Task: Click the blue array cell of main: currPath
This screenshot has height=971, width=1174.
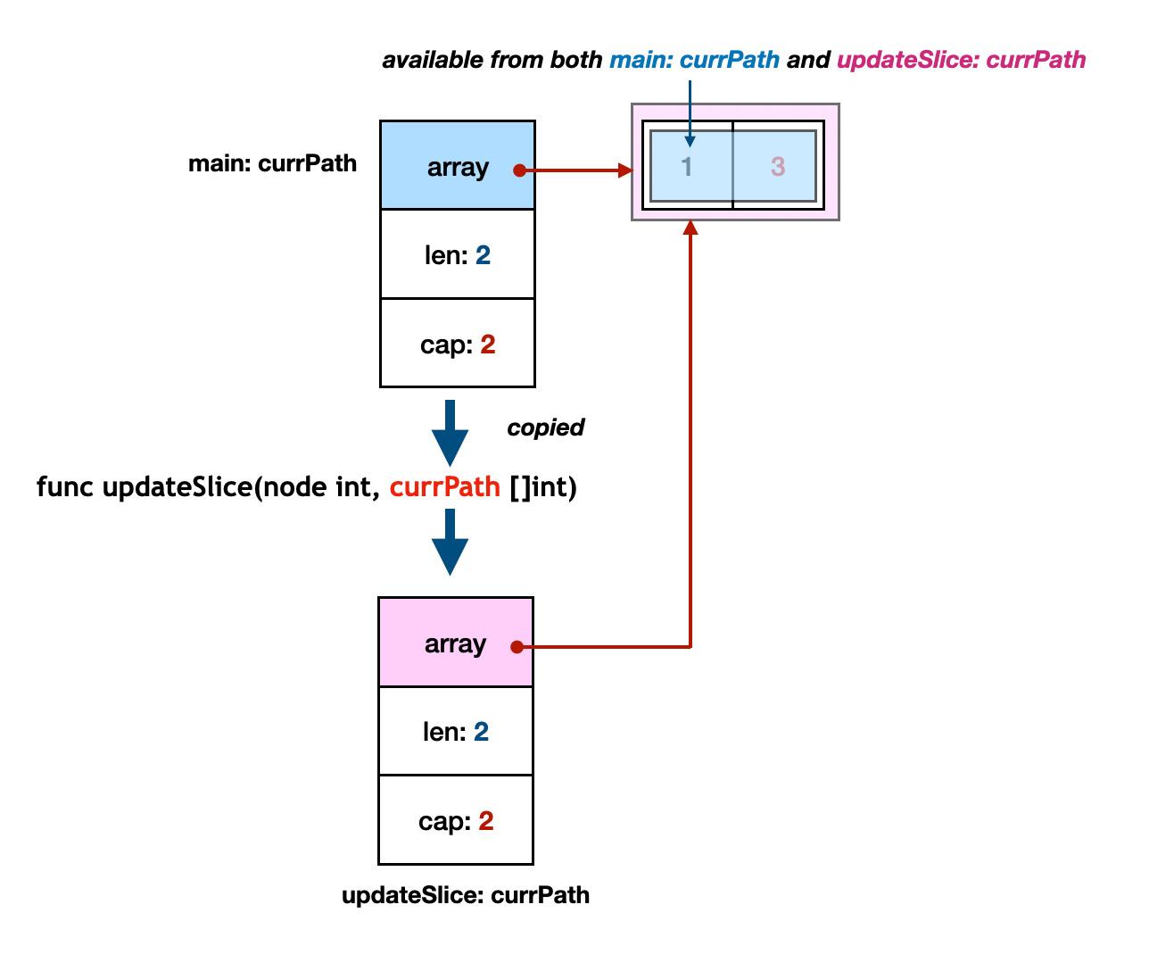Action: [457, 165]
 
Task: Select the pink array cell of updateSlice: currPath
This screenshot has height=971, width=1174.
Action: [456, 642]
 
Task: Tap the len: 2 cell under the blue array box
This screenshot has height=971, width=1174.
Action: [457, 253]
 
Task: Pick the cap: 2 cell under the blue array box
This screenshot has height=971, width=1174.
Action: [457, 343]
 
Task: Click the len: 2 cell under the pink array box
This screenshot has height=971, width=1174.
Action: [456, 731]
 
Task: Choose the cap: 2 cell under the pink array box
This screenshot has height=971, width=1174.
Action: [456, 819]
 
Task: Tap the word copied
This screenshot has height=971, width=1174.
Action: [545, 428]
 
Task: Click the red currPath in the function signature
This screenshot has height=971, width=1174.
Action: [445, 486]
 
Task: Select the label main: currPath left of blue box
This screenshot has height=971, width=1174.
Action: [272, 163]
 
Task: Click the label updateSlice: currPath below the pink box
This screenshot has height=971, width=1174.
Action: [466, 895]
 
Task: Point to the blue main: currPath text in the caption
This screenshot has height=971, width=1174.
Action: [694, 60]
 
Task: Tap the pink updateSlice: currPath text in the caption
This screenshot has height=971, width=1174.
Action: [962, 60]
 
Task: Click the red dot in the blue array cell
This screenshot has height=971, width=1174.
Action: [519, 170]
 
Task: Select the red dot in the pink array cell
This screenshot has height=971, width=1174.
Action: [517, 647]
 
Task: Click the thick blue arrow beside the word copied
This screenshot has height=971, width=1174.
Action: [450, 433]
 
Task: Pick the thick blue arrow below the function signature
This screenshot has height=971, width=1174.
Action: [450, 543]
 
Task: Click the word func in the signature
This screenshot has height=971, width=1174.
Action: [64, 486]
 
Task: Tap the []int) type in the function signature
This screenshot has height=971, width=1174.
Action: [543, 487]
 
